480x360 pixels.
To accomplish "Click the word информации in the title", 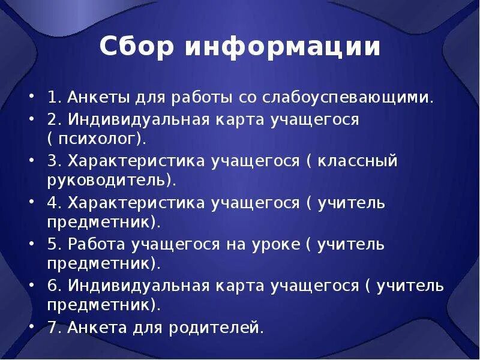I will click(x=283, y=47).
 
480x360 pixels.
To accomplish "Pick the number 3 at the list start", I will click(x=52, y=161).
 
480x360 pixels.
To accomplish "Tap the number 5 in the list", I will click(x=52, y=245).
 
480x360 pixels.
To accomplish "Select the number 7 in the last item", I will click(x=52, y=328).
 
